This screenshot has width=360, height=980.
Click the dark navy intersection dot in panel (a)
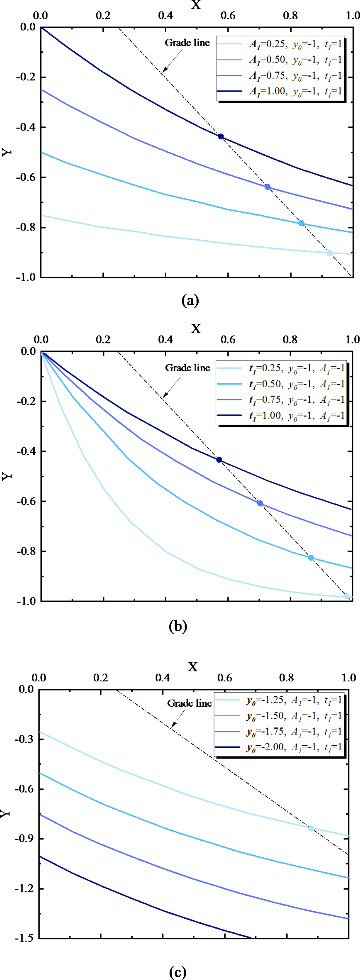coord(221,136)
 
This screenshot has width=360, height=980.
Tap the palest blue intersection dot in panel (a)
coord(329,253)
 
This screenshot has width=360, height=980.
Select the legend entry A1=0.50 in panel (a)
coord(295,60)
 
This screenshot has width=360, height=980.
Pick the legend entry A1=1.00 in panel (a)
coord(295,91)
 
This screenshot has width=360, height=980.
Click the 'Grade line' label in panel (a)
coord(187,43)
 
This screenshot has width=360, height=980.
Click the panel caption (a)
coord(190,300)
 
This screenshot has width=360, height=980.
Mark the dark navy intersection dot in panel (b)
coord(219,460)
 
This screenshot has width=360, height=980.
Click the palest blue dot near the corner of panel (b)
coord(347,596)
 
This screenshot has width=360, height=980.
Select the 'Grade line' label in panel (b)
coord(187,368)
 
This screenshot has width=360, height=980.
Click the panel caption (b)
coord(178,625)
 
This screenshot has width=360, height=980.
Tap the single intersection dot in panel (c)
coord(311,828)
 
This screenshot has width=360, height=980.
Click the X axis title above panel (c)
coord(193,666)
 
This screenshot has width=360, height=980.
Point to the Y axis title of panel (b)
coord(7,476)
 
